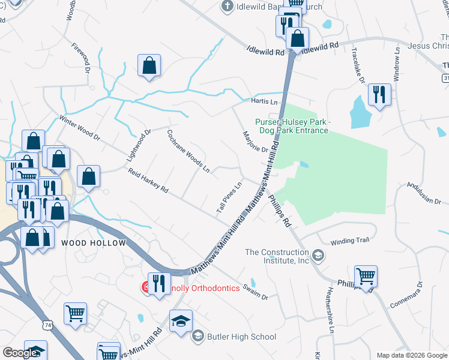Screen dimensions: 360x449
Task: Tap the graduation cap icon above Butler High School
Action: coord(181,322)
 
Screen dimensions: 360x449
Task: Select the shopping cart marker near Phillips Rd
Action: coord(366,277)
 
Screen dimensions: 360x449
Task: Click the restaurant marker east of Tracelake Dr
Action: coord(379,95)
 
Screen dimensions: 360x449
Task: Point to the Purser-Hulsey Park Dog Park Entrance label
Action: coord(292,126)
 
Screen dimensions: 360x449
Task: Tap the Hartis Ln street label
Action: coord(265,103)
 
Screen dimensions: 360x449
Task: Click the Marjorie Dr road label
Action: coord(256,141)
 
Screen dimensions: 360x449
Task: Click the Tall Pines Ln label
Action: coord(229,196)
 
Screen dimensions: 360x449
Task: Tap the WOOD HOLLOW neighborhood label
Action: coord(93,243)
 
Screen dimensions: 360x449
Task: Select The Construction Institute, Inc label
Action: coord(277,256)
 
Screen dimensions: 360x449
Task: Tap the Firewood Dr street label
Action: coord(80,57)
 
